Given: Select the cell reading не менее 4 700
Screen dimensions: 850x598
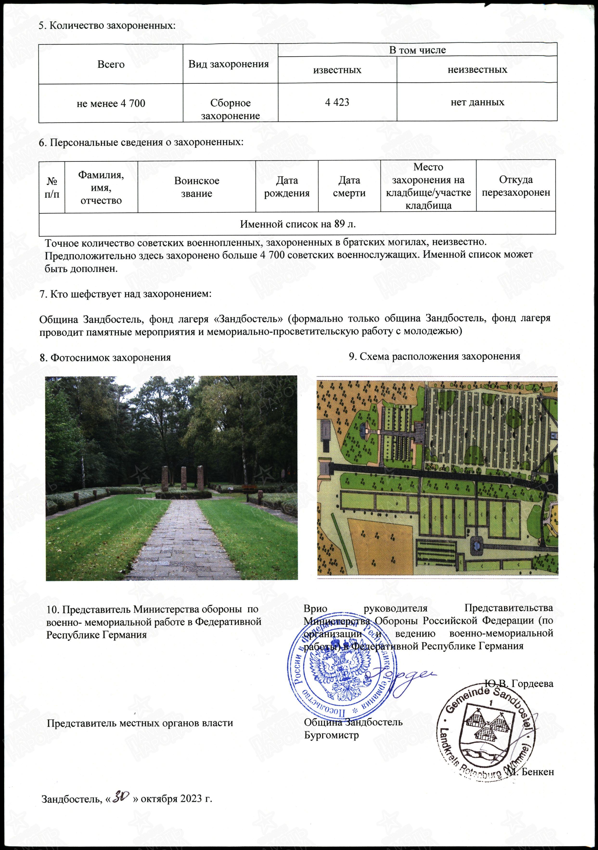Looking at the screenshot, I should coord(111,103).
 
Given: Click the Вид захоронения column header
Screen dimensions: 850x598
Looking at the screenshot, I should coord(229,64).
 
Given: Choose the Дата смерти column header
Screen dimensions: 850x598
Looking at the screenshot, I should coord(349,187).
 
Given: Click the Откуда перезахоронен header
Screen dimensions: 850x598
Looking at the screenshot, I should coord(516,186).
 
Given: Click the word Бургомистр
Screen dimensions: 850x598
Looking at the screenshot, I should coord(331,735).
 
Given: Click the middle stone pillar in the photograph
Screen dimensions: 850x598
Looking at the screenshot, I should coord(183,479).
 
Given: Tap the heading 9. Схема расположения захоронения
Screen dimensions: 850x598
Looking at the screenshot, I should coord(435,356).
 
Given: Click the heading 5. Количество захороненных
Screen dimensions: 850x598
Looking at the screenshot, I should coord(107,26).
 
